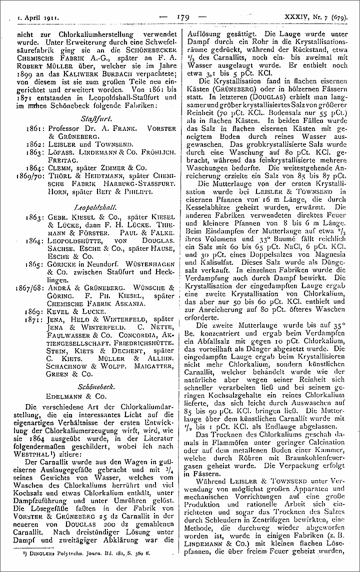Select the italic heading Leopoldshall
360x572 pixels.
93,205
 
